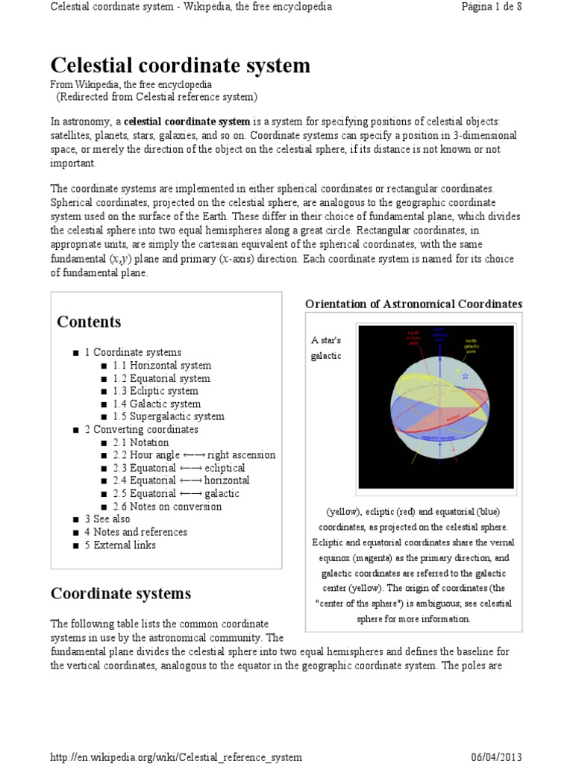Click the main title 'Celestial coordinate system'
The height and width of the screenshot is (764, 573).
click(180, 66)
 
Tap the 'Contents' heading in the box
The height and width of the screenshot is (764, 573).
click(89, 322)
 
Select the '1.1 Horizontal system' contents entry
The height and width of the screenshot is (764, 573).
click(162, 366)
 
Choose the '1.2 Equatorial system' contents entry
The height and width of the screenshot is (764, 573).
click(161, 378)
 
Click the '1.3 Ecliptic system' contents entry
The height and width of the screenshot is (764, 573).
click(155, 391)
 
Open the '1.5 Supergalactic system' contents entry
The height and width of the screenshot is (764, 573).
click(168, 416)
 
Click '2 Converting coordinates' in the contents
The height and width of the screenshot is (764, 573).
click(141, 430)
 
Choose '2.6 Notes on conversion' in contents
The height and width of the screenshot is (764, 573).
click(167, 507)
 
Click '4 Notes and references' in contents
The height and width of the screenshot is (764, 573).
click(135, 532)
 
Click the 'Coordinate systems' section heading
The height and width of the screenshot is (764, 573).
click(121, 594)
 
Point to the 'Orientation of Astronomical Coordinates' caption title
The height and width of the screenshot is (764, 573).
click(414, 304)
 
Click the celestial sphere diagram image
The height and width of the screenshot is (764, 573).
click(436, 407)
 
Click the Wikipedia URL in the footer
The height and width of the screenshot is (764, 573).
click(176, 757)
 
